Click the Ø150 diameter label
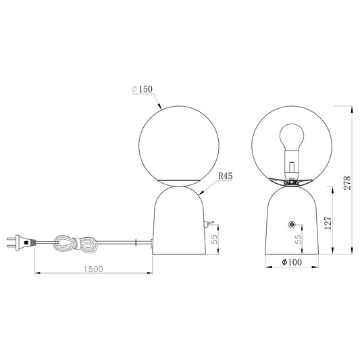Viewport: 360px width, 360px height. pos(142,89)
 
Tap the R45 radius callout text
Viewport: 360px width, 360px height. pos(225,176)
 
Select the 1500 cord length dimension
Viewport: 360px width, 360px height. pos(93,269)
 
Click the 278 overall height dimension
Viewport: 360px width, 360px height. pos(347,183)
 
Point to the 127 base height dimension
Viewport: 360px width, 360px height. pos(328,223)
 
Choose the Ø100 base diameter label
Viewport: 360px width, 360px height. pos(292,262)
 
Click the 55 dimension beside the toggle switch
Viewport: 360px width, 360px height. pos(214,240)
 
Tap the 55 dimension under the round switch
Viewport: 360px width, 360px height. pos(298,240)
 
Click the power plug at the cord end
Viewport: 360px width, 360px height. pos(21,242)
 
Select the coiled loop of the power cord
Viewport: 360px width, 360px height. pos(76,244)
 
